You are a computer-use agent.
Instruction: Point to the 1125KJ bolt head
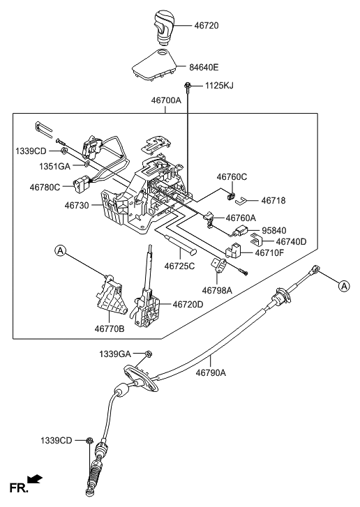pos(189,86)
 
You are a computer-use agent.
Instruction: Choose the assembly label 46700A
pos(166,101)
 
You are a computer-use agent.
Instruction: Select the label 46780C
pos(45,187)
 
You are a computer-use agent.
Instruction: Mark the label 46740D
pos(292,241)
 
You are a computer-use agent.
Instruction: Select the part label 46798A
pos(218,290)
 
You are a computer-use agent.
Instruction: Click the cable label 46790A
pos(211,373)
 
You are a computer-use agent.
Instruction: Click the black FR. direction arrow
pos(36,480)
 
